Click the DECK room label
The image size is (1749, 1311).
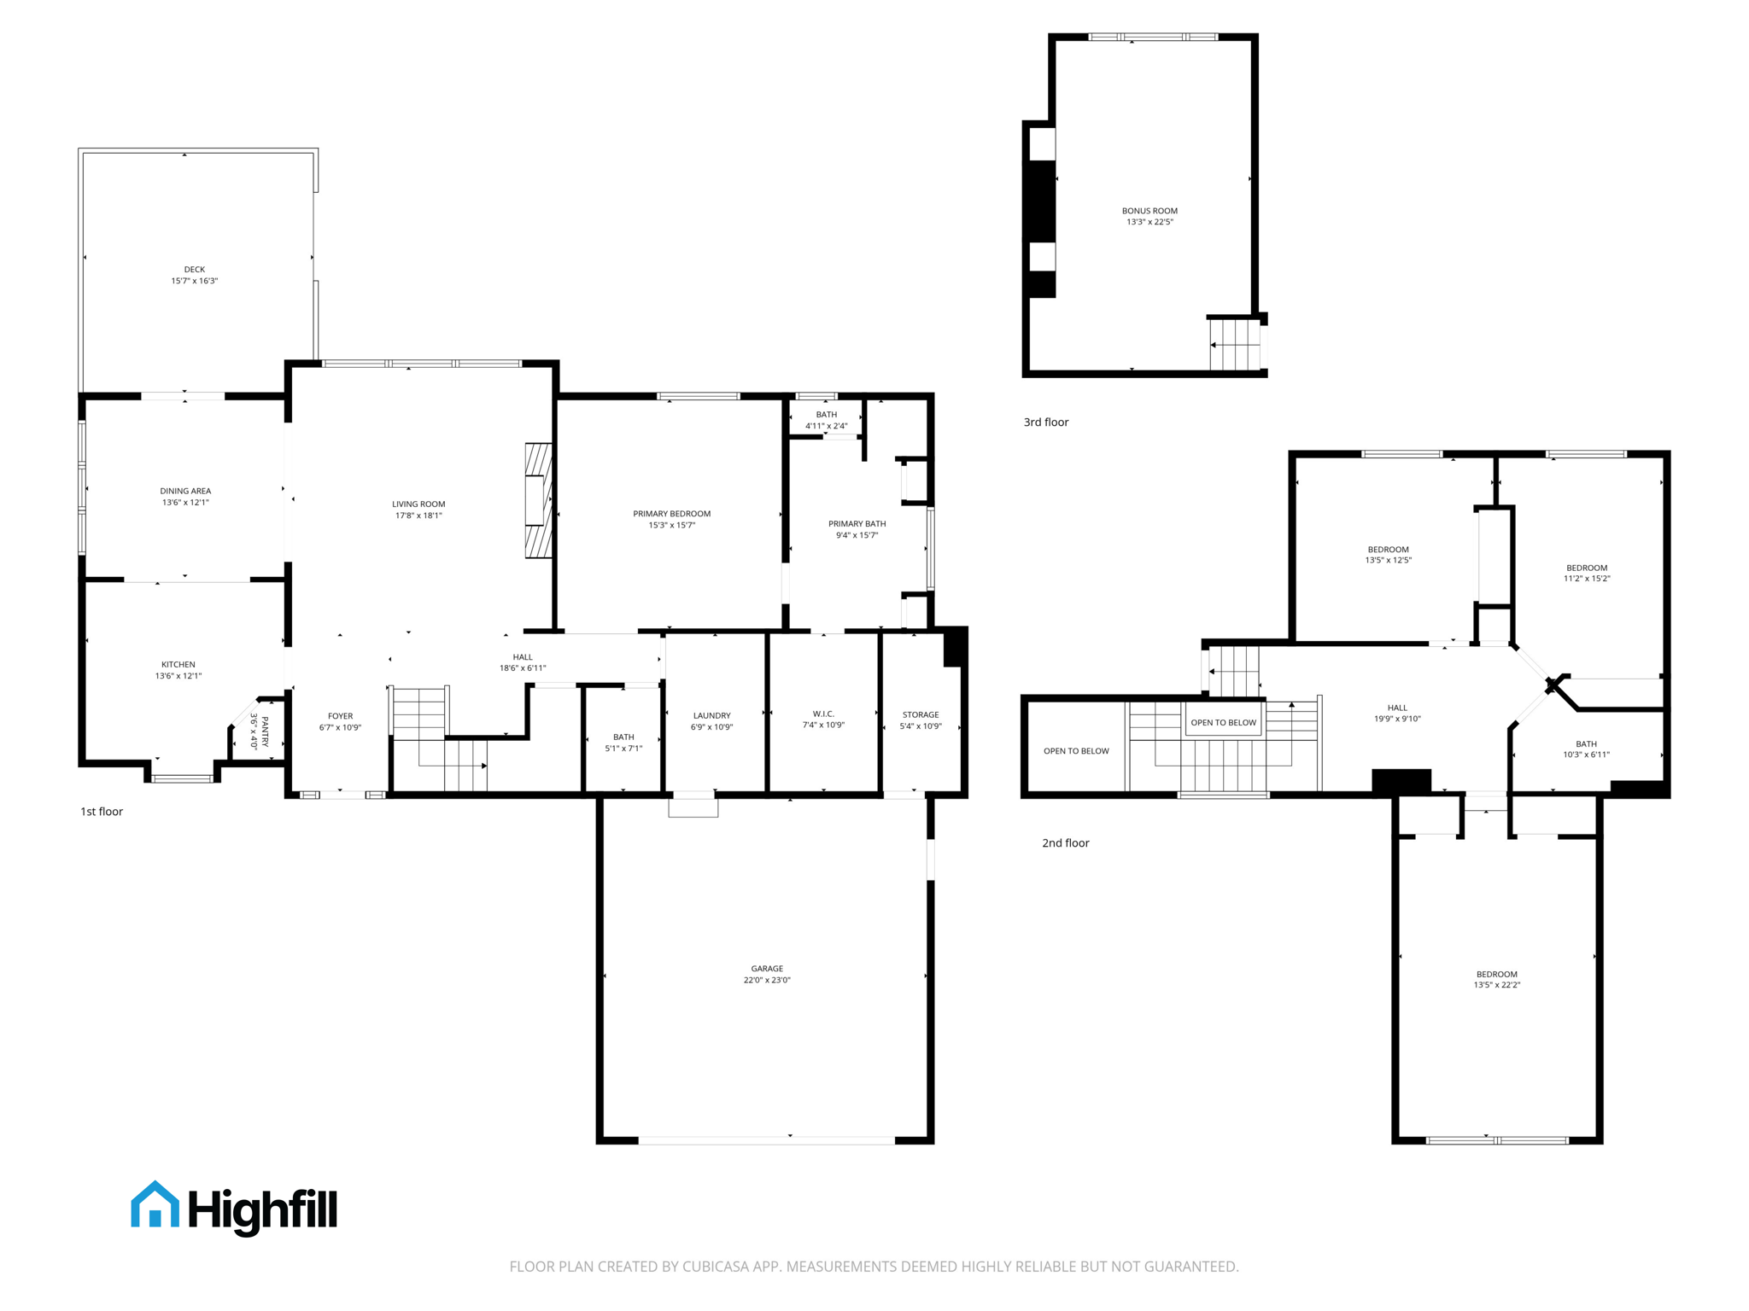pyautogui.click(x=194, y=270)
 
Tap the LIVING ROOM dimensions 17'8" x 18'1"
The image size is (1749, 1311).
pyautogui.click(x=418, y=516)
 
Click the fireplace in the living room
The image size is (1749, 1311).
pyautogui.click(x=538, y=500)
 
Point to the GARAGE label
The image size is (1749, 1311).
pyautogui.click(x=766, y=969)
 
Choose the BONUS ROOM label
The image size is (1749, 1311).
pyautogui.click(x=1149, y=211)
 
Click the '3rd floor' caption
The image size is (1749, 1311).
pyautogui.click(x=1045, y=422)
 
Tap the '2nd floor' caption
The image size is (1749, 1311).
pyautogui.click(x=1065, y=843)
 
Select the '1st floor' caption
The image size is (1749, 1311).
pyautogui.click(x=102, y=812)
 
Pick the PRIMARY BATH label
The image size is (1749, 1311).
pyautogui.click(x=857, y=524)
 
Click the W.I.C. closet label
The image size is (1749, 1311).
pyautogui.click(x=823, y=714)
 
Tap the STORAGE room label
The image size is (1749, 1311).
pyautogui.click(x=920, y=714)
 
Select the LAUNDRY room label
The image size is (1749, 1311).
pyautogui.click(x=711, y=715)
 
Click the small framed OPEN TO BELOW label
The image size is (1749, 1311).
pyautogui.click(x=1223, y=723)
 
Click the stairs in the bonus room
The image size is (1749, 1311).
pyautogui.click(x=1235, y=345)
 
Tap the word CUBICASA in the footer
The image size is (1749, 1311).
pyautogui.click(x=715, y=1267)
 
